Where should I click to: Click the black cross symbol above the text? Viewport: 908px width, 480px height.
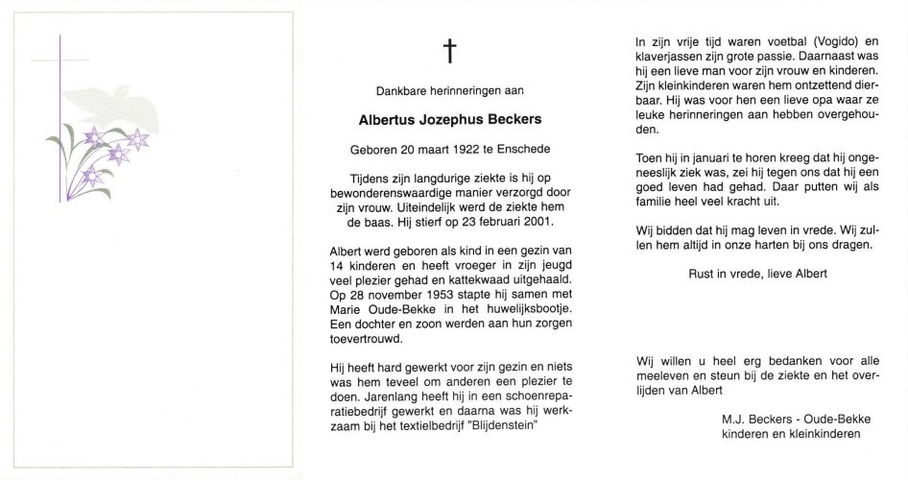click(x=448, y=53)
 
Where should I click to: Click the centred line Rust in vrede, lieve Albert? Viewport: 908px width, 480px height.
click(x=758, y=274)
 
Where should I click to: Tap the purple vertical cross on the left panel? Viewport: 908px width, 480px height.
click(x=60, y=120)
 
